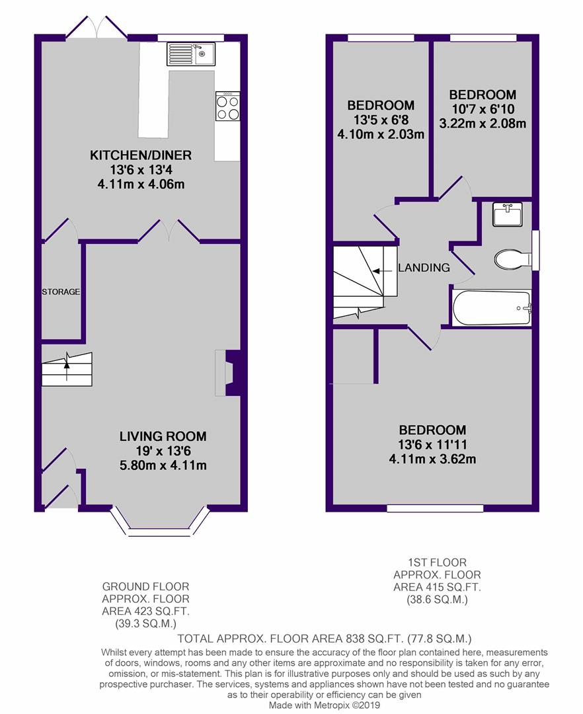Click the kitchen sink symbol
pos(191,53)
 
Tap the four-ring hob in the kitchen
pos(227,107)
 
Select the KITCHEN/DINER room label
pos(141,156)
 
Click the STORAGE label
pos(61,292)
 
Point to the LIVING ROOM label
pos(163,436)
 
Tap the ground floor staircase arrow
pos(66,362)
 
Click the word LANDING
pos(424,268)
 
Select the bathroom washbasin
pos(507,214)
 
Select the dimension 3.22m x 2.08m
pos(483,124)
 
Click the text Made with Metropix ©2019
pos(324,705)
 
